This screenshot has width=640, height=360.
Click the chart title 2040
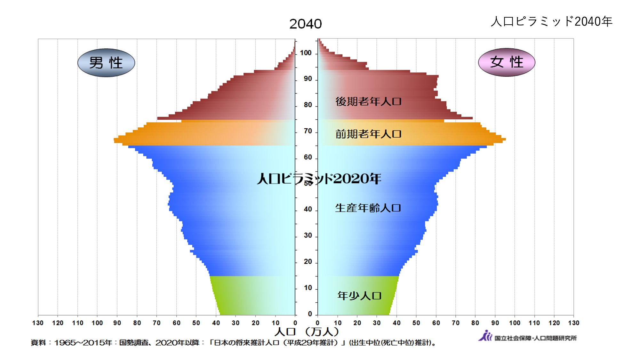[305, 24]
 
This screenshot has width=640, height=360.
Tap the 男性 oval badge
[106, 63]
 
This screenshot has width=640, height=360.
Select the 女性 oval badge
[507, 62]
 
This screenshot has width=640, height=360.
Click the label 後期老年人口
[368, 101]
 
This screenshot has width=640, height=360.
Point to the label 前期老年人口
[368, 134]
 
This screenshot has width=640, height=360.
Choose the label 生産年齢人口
[368, 208]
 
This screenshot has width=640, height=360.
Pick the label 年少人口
[359, 296]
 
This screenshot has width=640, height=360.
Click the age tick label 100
[306, 53]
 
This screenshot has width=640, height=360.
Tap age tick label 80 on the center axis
[308, 105]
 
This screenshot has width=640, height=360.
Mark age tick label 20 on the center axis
[308, 262]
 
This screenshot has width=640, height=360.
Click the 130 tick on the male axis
[38, 323]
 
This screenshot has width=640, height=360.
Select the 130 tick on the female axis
[573, 323]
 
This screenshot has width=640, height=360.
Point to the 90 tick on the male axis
[117, 323]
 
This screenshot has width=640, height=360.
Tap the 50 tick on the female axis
[416, 323]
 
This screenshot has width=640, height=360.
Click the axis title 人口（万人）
[306, 332]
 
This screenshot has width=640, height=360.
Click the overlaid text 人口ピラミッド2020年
[319, 179]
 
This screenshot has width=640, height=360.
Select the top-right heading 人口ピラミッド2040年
[551, 21]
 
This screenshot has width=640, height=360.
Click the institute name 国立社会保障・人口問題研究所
[535, 338]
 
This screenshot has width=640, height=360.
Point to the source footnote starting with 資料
[234, 343]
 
